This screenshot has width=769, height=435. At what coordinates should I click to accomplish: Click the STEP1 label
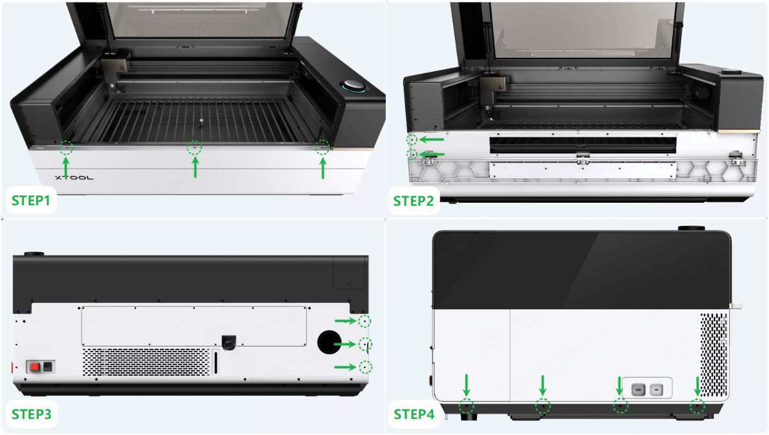(31, 201)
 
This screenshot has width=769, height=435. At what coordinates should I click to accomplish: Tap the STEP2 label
(413, 201)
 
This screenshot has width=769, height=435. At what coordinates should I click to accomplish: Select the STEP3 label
(31, 414)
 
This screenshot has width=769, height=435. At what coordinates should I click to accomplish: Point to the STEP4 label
(414, 414)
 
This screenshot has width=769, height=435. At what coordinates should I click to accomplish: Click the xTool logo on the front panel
(74, 178)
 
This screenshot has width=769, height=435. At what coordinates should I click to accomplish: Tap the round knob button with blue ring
(353, 86)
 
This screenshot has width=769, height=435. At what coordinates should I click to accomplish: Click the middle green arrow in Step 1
(195, 167)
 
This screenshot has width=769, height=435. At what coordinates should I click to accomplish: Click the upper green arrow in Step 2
(432, 139)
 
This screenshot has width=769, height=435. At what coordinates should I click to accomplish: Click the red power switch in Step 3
(35, 367)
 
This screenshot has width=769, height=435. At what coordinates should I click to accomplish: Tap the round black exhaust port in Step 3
(329, 342)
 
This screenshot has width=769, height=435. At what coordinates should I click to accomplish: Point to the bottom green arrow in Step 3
(345, 367)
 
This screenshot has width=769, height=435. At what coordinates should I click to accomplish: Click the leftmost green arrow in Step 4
(467, 385)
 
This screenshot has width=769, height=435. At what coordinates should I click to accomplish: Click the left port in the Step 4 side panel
(638, 390)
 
